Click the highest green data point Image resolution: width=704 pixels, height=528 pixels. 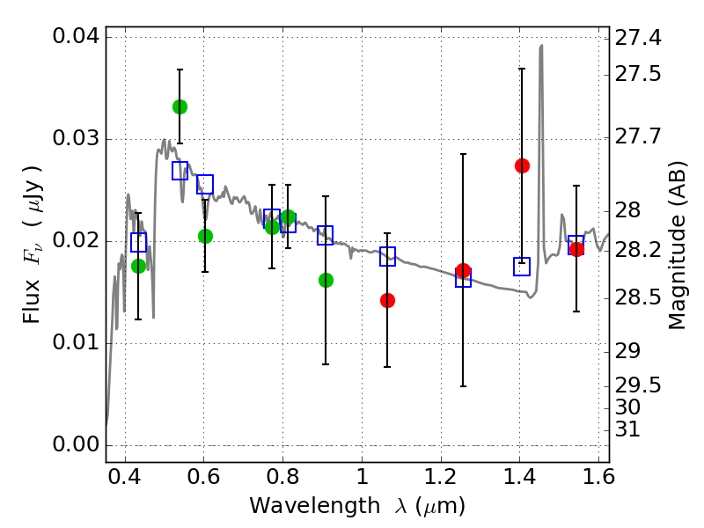[x=180, y=106]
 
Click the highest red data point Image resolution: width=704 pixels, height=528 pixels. [x=522, y=165]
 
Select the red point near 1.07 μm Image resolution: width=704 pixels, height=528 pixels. [x=387, y=300]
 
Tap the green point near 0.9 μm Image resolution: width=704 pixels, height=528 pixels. [x=326, y=280]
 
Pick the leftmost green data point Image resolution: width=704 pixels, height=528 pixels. [x=138, y=266]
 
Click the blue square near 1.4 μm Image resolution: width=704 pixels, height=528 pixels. [x=522, y=267]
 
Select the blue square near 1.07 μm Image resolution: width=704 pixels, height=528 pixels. [x=387, y=257]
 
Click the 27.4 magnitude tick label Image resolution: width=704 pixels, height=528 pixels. [x=641, y=38]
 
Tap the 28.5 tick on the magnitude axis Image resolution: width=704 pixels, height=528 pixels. [x=641, y=298]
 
